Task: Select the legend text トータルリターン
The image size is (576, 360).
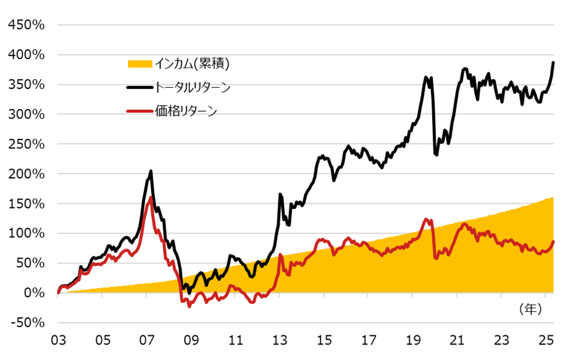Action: click(x=194, y=88)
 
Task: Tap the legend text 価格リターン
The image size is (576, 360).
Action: click(x=186, y=112)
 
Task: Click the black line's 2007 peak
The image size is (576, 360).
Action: click(x=151, y=171)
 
